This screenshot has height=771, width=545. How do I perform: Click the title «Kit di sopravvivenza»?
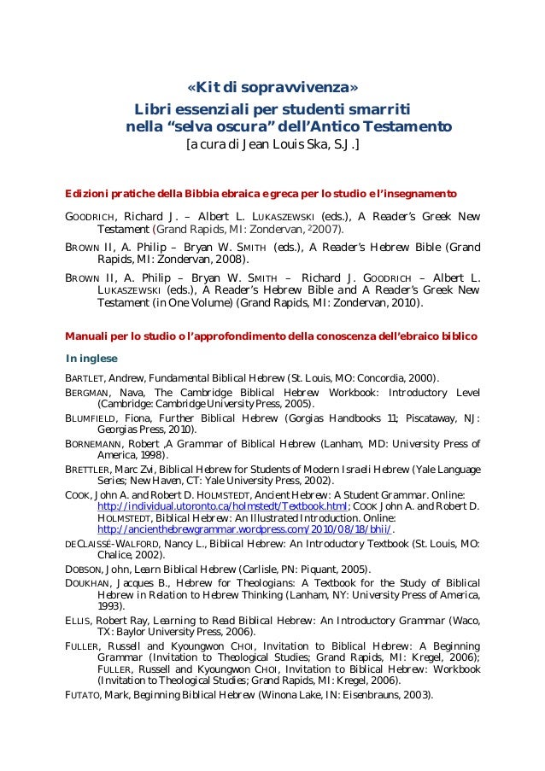272,89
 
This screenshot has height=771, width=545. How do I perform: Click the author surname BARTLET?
85,377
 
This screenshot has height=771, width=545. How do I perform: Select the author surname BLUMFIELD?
91,419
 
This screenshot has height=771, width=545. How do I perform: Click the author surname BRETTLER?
90,469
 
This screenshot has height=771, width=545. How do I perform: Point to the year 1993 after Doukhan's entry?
111,606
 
